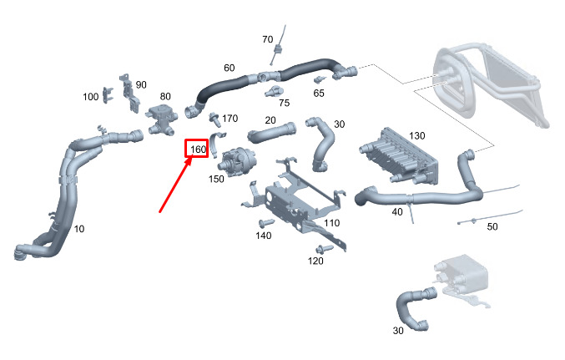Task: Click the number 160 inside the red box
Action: (x=197, y=150)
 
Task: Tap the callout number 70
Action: (x=267, y=39)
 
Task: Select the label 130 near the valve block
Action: (x=417, y=135)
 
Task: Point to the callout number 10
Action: (x=78, y=229)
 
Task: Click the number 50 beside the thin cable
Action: (x=492, y=226)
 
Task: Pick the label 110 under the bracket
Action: (x=331, y=224)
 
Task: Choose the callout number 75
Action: (x=284, y=103)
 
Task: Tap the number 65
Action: (x=319, y=93)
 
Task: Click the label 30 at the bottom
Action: (x=399, y=330)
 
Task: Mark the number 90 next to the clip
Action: (x=140, y=84)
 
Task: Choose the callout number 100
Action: (x=91, y=97)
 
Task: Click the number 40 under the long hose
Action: (x=396, y=212)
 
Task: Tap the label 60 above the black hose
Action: (x=229, y=68)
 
